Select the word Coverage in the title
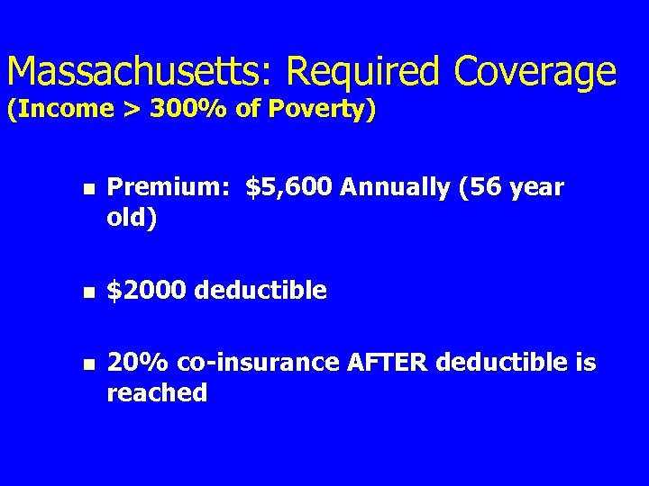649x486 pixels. [535, 72]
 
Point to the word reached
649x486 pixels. [157, 393]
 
